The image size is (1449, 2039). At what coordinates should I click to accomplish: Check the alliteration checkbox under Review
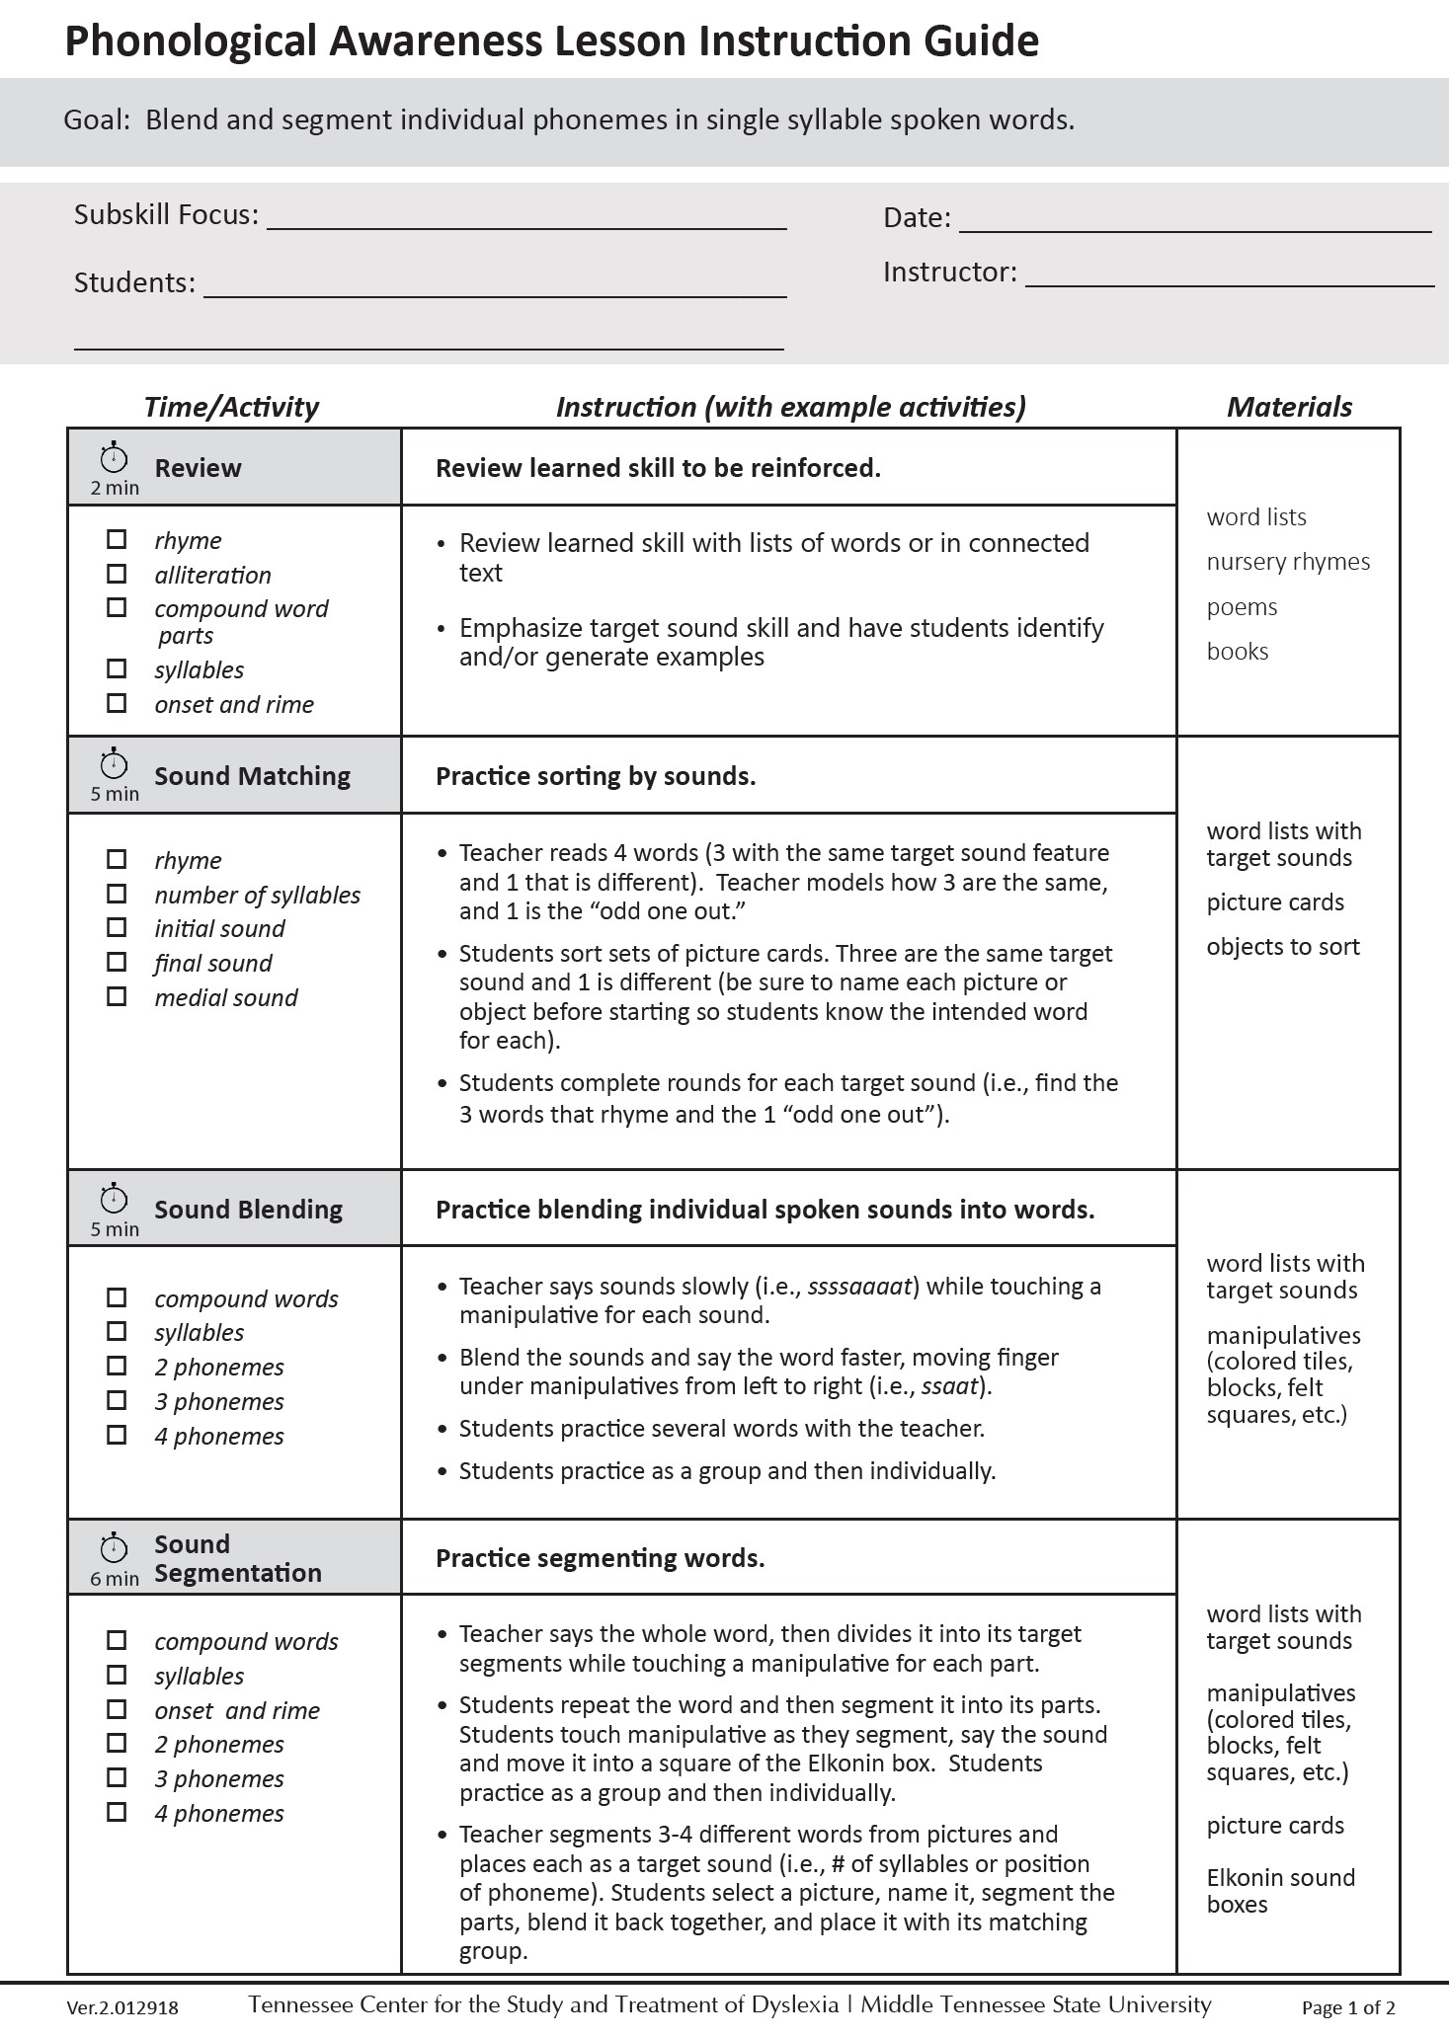click(117, 574)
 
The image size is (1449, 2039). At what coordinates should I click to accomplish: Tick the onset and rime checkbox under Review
click(117, 703)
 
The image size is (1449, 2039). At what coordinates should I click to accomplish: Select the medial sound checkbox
click(117, 996)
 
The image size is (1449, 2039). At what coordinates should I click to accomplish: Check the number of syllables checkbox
click(117, 894)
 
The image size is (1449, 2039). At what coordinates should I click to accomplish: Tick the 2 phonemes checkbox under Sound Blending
click(117, 1366)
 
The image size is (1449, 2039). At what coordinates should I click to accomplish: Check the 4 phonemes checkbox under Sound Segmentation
click(117, 1812)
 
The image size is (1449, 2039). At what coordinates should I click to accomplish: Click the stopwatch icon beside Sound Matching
click(115, 763)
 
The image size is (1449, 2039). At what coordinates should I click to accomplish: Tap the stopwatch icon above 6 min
click(115, 1547)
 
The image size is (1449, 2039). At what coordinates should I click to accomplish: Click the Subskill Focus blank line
click(526, 222)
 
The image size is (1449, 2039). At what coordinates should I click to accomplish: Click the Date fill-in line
click(1194, 225)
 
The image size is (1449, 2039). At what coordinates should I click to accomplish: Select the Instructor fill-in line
click(1229, 279)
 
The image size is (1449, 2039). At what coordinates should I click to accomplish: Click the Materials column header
click(1289, 407)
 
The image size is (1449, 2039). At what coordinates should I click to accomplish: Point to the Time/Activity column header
click(231, 407)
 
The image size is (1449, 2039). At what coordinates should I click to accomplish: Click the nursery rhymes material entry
click(1288, 562)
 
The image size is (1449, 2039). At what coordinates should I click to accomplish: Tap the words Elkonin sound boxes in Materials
click(1280, 1891)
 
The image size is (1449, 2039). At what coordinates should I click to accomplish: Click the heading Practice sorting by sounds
click(596, 776)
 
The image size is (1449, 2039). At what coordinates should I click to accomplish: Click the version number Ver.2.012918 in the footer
click(122, 2007)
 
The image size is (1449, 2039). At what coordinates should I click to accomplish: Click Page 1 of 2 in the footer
click(1348, 2007)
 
